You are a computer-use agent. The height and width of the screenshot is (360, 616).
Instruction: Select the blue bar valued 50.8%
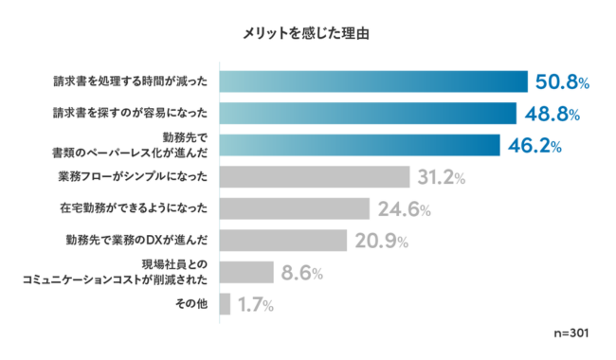pyautogui.click(x=372, y=82)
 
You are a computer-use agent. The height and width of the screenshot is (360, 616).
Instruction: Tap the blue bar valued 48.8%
pyautogui.click(x=367, y=114)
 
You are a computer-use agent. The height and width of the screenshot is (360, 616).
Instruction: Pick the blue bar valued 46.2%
pyautogui.click(x=359, y=145)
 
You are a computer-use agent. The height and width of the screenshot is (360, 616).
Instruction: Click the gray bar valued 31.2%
pyautogui.click(x=314, y=176)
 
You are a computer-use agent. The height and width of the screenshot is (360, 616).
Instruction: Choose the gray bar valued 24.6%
pyautogui.click(x=294, y=208)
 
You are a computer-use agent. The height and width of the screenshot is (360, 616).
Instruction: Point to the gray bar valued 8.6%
pyautogui.click(x=246, y=273)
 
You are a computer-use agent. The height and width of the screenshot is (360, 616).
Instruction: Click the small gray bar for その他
pyautogui.click(x=225, y=304)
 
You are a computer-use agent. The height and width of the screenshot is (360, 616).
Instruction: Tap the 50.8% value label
pyautogui.click(x=563, y=82)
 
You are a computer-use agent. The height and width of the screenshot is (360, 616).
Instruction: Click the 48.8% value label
pyautogui.click(x=553, y=114)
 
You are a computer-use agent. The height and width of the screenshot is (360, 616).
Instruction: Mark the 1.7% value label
pyautogui.click(x=256, y=304)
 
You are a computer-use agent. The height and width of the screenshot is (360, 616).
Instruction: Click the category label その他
pyautogui.click(x=191, y=304)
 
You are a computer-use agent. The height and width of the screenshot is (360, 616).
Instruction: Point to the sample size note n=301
pyautogui.click(x=571, y=335)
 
